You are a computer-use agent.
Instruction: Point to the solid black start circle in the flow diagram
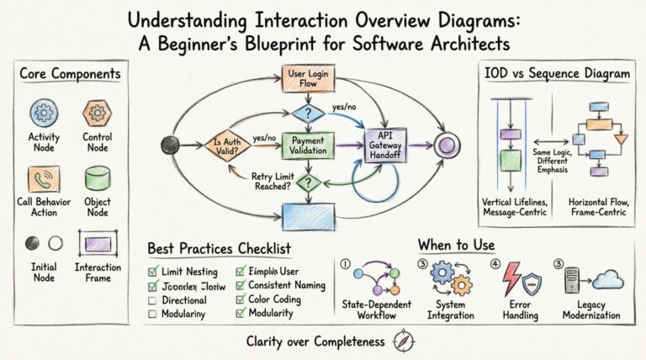[172, 144]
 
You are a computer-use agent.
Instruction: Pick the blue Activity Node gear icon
[43, 113]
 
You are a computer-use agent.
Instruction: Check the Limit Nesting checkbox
[153, 272]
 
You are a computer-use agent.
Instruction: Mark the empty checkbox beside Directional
[153, 300]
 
